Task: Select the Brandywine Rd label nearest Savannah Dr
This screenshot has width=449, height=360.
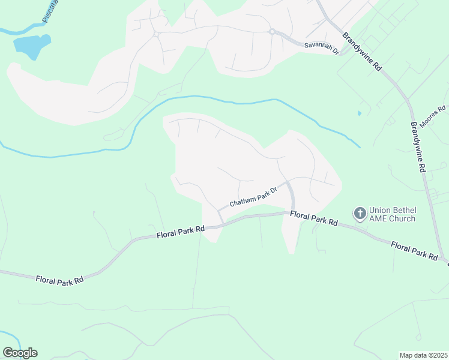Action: [361, 52]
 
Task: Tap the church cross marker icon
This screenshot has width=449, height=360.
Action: [360, 213]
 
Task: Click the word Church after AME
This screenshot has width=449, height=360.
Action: [402, 219]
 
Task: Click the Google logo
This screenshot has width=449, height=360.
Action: [20, 353]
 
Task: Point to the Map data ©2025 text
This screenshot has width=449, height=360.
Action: [424, 355]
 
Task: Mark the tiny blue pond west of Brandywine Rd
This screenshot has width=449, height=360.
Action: [360, 112]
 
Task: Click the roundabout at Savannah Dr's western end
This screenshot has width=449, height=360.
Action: [272, 32]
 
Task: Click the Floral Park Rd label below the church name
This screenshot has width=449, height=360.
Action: [414, 250]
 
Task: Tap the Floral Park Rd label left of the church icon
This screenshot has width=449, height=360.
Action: [313, 218]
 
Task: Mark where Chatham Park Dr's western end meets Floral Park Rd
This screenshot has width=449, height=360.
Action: [223, 223]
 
